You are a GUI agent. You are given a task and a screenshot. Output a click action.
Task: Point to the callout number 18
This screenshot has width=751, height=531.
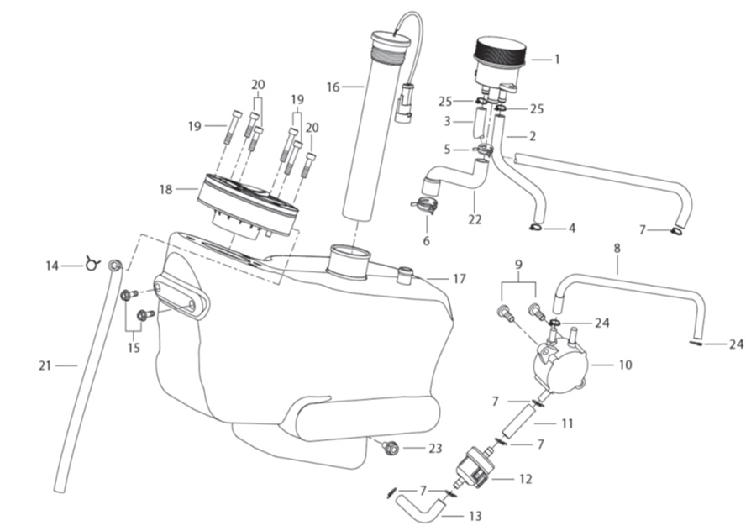[x=165, y=190]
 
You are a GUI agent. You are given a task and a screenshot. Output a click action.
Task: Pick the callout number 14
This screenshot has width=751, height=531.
[x=53, y=266]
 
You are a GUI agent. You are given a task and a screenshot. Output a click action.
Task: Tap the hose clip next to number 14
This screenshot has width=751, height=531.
[x=92, y=265]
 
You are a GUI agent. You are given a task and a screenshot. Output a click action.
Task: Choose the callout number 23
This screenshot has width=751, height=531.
[x=434, y=449]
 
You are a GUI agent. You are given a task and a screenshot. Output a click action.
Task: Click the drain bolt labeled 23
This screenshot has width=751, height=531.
[x=389, y=448]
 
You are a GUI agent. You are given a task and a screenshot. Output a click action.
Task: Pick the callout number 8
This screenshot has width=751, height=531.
[x=617, y=249]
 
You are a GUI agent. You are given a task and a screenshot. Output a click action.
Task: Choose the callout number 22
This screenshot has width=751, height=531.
[x=476, y=219]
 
